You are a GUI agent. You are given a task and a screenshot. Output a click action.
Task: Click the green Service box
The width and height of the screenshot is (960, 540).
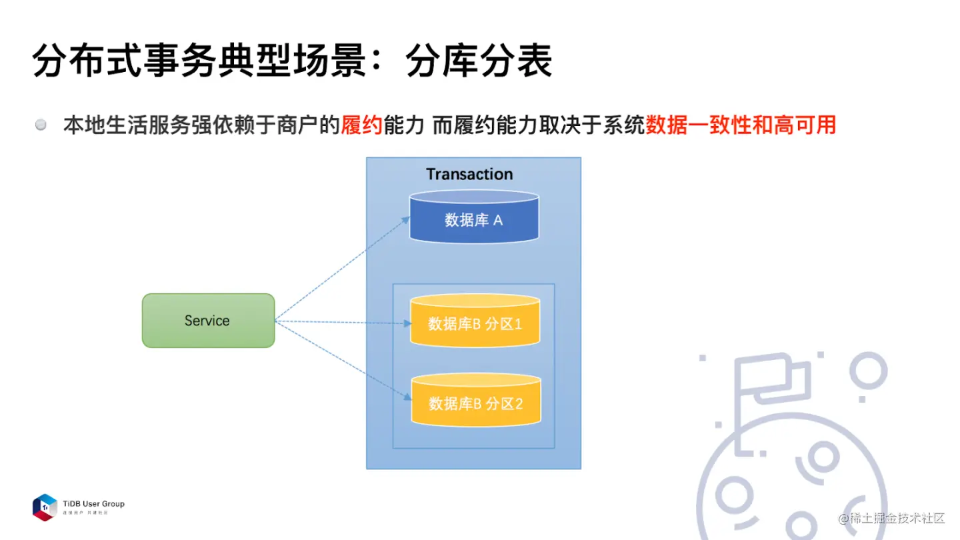tap(208, 321)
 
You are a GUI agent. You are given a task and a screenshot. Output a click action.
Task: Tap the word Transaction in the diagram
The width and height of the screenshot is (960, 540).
tap(469, 175)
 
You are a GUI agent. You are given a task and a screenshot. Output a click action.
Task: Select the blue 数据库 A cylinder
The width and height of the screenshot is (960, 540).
tap(473, 217)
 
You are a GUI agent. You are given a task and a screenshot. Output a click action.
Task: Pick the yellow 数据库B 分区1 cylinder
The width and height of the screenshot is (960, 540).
tap(474, 322)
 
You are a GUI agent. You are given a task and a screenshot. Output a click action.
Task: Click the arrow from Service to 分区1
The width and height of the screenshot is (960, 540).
tap(341, 323)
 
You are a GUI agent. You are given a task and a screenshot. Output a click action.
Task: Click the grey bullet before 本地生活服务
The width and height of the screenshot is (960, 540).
tap(41, 125)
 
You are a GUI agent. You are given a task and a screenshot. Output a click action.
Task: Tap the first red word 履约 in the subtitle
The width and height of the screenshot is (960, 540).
tap(361, 125)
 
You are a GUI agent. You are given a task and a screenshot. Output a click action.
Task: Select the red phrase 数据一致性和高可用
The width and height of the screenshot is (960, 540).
tap(741, 125)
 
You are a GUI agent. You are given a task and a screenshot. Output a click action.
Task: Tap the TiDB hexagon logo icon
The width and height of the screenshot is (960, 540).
tap(45, 507)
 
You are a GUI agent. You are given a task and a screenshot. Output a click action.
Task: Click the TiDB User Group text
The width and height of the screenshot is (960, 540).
tap(93, 504)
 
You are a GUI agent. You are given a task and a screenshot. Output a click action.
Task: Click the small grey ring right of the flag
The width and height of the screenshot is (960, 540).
tap(868, 370)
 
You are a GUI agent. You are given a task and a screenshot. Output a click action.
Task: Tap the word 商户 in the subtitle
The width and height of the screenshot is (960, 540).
tap(297, 125)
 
